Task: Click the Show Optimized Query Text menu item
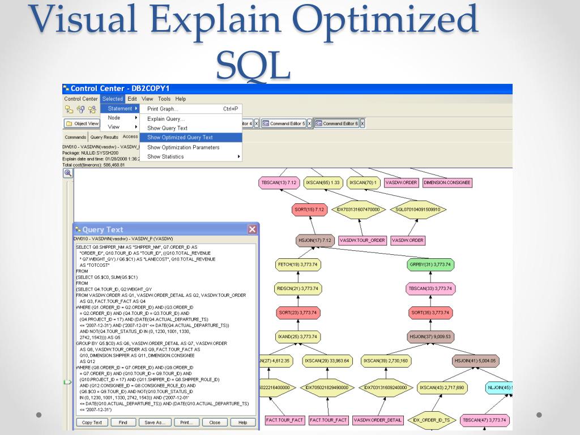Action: point(180,138)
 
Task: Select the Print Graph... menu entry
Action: point(163,109)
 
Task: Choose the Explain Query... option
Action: point(166,119)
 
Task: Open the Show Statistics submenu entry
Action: point(165,157)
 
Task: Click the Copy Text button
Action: point(92,423)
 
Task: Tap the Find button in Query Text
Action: point(123,423)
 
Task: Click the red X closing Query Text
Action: point(252,229)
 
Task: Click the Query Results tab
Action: point(104,137)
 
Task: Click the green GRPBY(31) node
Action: point(431,265)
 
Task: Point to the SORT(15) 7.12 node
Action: point(309,210)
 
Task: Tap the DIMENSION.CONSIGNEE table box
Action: point(448,183)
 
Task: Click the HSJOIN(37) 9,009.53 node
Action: point(430,336)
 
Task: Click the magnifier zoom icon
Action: point(68,173)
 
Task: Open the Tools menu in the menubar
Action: point(164,99)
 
